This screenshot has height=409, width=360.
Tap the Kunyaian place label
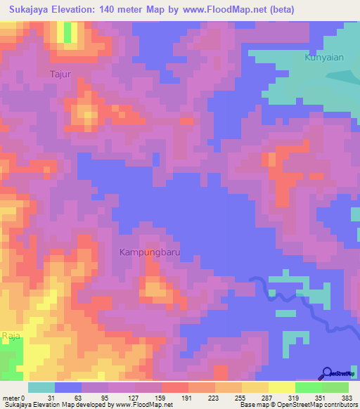click(324, 58)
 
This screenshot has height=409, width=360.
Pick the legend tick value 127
click(133, 398)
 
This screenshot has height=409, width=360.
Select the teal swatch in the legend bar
click(41, 387)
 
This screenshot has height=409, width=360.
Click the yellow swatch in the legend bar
click(281, 387)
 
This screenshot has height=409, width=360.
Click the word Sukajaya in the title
click(32, 10)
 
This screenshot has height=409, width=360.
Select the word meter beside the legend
click(11, 398)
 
